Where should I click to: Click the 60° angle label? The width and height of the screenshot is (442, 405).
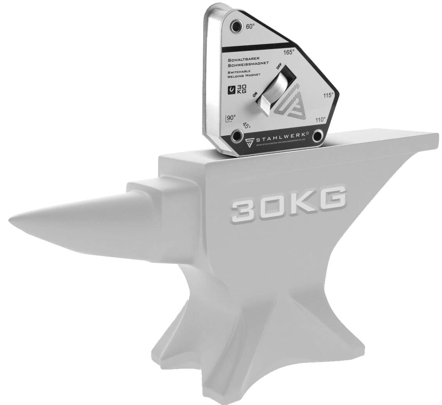(250, 27)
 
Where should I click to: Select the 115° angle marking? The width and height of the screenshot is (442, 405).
(328, 95)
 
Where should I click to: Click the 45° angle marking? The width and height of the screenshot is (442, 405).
(246, 125)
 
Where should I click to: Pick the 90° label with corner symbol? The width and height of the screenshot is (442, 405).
(231, 118)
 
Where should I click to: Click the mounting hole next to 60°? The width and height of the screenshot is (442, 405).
(236, 27)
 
